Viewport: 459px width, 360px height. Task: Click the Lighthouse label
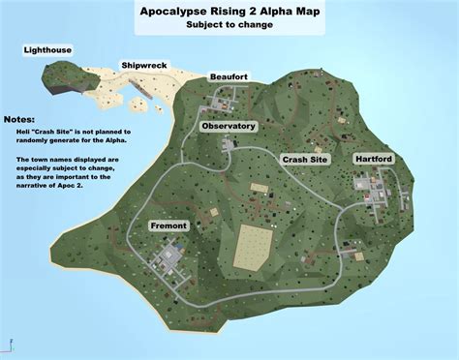click(48, 49)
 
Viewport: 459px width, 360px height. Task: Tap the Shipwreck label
click(144, 66)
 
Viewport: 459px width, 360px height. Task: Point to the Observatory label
click(228, 126)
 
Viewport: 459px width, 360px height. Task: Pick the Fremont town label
click(168, 225)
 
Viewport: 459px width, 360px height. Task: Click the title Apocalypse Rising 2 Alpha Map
click(229, 11)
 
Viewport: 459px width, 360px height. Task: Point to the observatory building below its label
click(229, 143)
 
